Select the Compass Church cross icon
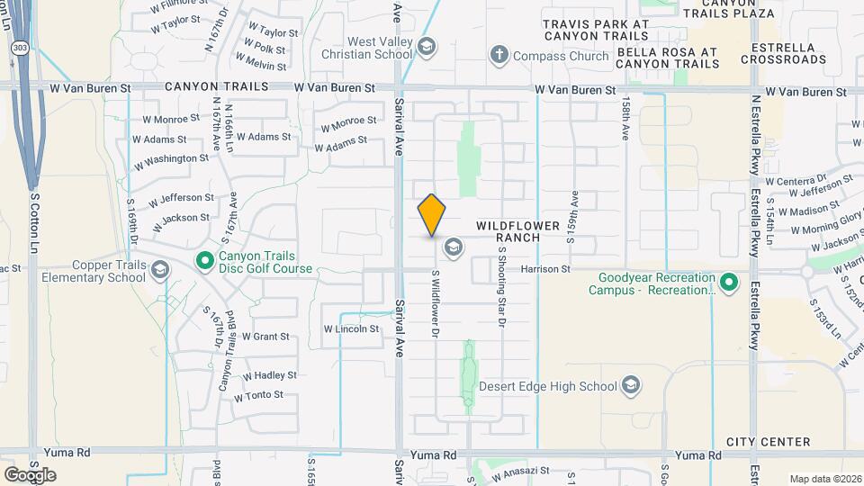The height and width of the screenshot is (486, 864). tap(499, 56)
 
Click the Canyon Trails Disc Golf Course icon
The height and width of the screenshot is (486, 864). tap(205, 261)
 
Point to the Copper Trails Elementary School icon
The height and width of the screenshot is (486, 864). tap(160, 270)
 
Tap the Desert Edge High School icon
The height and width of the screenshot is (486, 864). tap(631, 386)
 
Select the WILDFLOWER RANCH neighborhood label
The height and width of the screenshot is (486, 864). tap(518, 231)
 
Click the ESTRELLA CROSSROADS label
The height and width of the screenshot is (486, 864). tap(783, 53)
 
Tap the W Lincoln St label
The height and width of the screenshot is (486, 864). tap(351, 329)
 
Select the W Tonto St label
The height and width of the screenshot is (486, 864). tap(258, 396)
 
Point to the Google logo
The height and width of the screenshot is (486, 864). tap(30, 474)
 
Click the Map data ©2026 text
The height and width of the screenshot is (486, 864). tap(824, 478)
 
